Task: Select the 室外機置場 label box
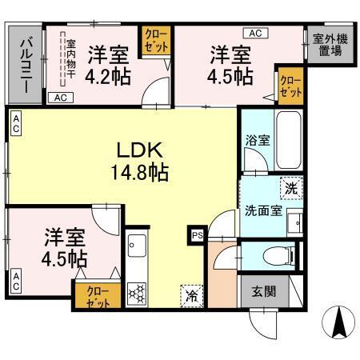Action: click(327, 43)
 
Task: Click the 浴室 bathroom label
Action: click(257, 138)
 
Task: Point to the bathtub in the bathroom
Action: click(289, 139)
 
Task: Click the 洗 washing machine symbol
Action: click(291, 190)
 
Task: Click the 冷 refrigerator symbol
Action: click(192, 294)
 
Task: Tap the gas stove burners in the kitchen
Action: click(136, 292)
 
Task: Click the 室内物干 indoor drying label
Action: click(71, 60)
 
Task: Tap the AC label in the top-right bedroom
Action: click(255, 33)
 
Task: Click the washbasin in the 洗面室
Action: click(294, 220)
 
